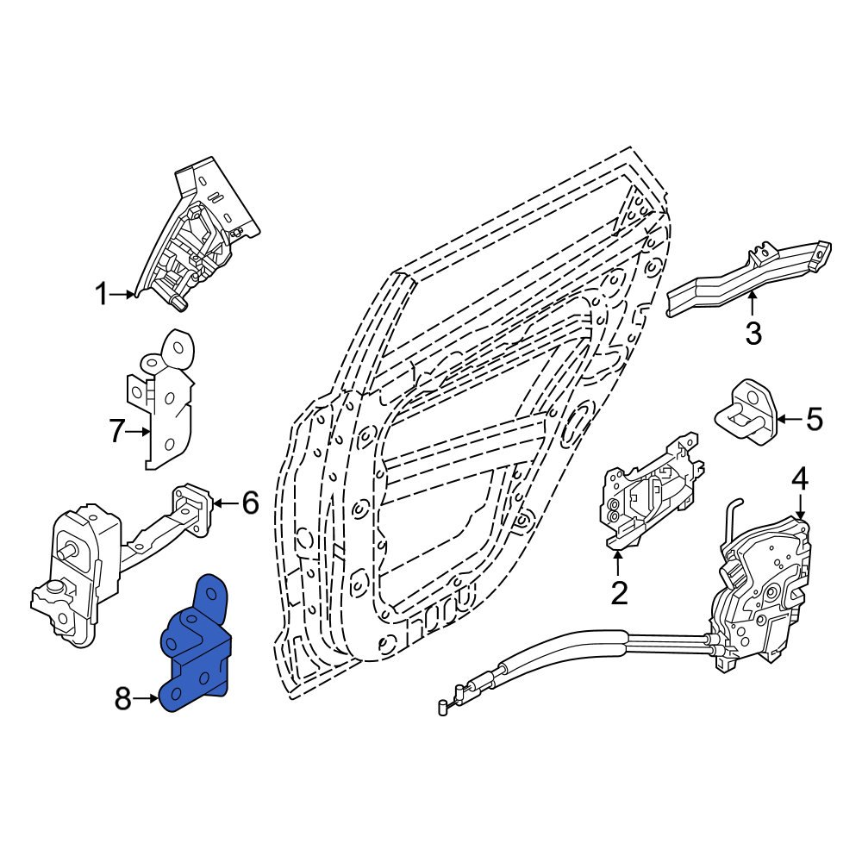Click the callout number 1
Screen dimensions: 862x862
point(102,296)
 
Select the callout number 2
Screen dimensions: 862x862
point(619,592)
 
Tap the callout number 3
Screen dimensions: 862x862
point(753,334)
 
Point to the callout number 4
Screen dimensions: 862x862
point(800,478)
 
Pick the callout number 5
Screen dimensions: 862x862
point(814,420)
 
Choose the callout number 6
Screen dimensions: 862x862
point(249,503)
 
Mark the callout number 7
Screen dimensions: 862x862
point(117,431)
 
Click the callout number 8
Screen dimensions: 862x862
point(123,699)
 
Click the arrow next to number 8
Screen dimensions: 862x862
point(148,699)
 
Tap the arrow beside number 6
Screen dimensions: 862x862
point(222,503)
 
